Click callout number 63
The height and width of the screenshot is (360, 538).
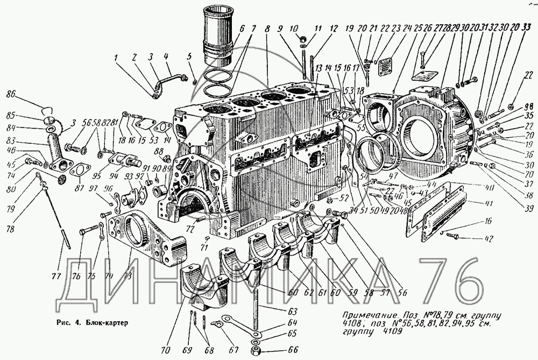[x=292, y=310]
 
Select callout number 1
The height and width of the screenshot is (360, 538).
[x=116, y=57]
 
